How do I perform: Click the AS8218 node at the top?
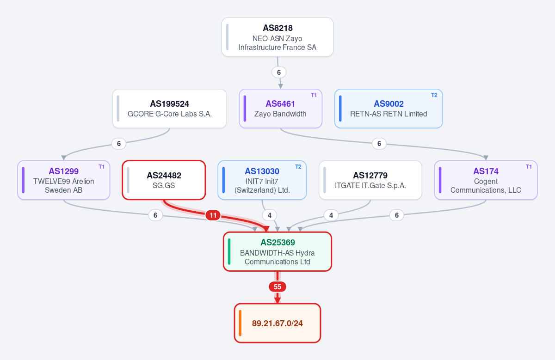pyautogui.click(x=277, y=37)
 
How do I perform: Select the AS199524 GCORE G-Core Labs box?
pyautogui.click(x=169, y=109)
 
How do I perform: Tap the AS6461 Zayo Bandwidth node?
pyautogui.click(x=280, y=109)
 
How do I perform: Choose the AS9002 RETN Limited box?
pyautogui.click(x=388, y=109)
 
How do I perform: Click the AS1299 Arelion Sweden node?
pyautogui.click(x=64, y=180)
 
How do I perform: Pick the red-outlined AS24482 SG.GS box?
pyautogui.click(x=164, y=180)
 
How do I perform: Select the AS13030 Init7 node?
pyautogui.click(x=262, y=180)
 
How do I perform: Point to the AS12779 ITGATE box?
pyautogui.click(x=370, y=180)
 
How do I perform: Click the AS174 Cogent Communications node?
pyautogui.click(x=486, y=180)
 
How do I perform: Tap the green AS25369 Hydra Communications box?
pyautogui.click(x=277, y=251)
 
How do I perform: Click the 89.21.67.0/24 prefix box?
pyautogui.click(x=277, y=323)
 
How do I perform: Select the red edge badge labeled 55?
pyautogui.click(x=277, y=287)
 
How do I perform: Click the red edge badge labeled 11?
pyautogui.click(x=213, y=215)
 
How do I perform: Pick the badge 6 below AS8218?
pyautogui.click(x=279, y=72)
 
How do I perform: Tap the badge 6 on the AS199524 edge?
pyautogui.click(x=119, y=143)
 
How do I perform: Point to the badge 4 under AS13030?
pyautogui.click(x=270, y=215)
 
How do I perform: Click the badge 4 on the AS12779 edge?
pyautogui.click(x=331, y=215)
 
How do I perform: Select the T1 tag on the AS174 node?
pyautogui.click(x=529, y=167)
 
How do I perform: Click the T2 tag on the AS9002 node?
pyautogui.click(x=434, y=95)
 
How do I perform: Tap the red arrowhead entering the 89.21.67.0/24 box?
pyautogui.click(x=277, y=300)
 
